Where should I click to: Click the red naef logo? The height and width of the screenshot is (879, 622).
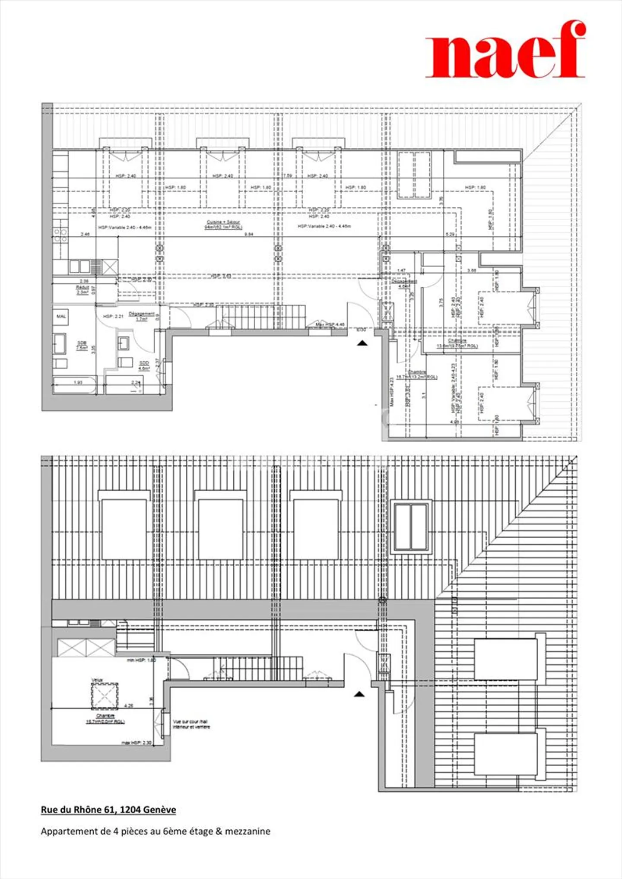[505, 50]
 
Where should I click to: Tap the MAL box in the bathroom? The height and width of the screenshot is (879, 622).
[61, 317]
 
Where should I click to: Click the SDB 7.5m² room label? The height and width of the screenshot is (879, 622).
[82, 345]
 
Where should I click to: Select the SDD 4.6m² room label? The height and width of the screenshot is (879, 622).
[144, 365]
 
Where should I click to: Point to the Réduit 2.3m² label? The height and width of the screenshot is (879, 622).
[82, 289]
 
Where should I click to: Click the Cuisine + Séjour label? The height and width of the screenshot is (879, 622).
[223, 224]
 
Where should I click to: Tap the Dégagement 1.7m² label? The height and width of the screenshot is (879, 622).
[141, 316]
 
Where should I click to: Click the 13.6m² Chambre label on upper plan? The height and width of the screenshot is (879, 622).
[457, 343]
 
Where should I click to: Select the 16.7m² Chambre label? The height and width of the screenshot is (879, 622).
[416, 374]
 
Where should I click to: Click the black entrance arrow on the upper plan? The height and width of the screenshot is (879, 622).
[362, 343]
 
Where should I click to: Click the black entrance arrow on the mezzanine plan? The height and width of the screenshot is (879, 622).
[359, 695]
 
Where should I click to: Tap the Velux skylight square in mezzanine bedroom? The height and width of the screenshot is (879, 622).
[105, 696]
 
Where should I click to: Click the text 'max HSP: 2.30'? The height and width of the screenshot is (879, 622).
[136, 743]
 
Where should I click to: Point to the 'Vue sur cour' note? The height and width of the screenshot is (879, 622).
[191, 724]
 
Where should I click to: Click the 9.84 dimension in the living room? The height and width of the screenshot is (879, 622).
[249, 234]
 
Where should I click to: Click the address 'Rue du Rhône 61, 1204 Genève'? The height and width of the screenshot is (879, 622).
[108, 810]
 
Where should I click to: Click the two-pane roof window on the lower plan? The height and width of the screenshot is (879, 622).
[411, 527]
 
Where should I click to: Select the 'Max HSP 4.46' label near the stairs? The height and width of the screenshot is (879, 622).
[330, 324]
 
